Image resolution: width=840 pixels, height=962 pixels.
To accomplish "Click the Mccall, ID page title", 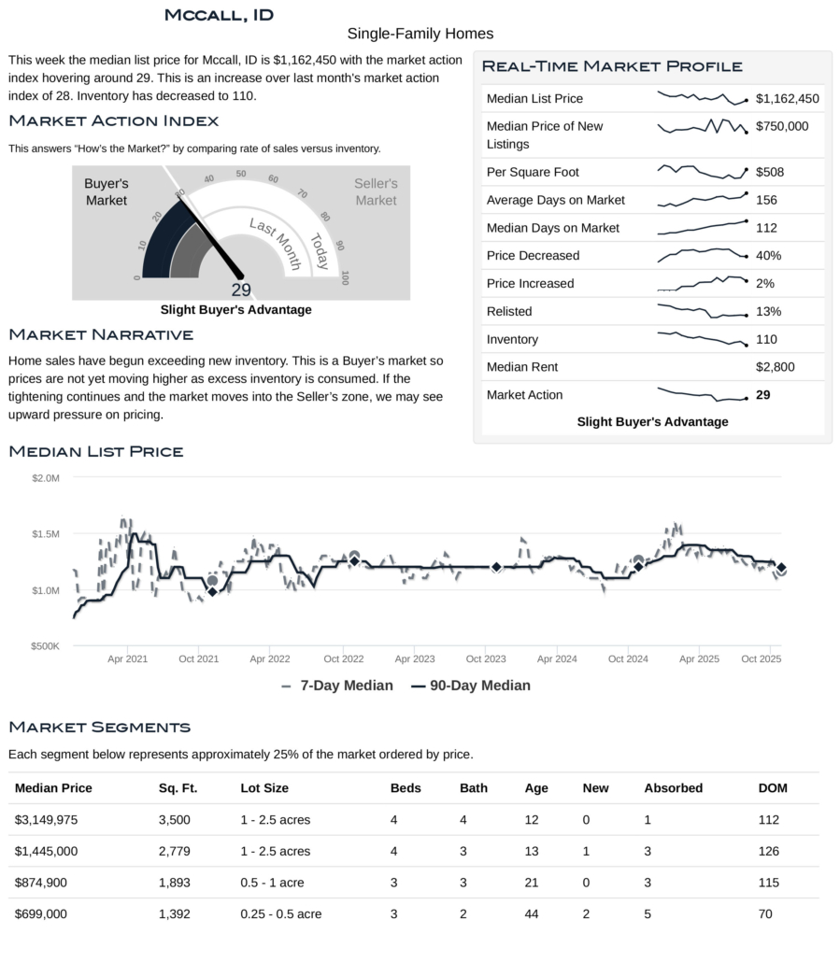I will [x=219, y=14].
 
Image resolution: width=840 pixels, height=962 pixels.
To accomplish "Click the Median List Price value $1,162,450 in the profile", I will [x=787, y=99].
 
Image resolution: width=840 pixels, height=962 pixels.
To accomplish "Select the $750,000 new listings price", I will [x=782, y=126].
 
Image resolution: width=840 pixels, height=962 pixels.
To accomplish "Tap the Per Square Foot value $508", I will [x=769, y=172].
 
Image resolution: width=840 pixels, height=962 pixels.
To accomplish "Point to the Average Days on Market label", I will [x=555, y=200].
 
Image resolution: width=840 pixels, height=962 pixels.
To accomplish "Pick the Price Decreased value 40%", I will [x=768, y=256].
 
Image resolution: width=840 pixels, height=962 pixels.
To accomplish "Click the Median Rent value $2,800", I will [x=775, y=367].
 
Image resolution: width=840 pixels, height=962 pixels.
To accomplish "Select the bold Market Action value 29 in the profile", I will [x=762, y=395].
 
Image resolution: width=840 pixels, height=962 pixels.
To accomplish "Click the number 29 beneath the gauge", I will [x=241, y=290].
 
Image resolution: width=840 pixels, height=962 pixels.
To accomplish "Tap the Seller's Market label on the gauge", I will [x=376, y=191].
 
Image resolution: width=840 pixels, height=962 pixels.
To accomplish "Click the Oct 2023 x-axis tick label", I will [x=486, y=658].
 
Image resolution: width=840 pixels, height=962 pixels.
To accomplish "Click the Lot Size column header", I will [x=264, y=788].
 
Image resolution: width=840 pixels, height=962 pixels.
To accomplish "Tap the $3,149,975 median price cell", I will [x=53, y=820].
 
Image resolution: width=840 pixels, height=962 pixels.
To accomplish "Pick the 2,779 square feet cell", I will [x=175, y=852].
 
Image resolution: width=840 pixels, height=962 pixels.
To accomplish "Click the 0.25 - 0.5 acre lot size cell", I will [x=280, y=914].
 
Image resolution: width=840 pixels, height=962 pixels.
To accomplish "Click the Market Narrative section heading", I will [x=101, y=334].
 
